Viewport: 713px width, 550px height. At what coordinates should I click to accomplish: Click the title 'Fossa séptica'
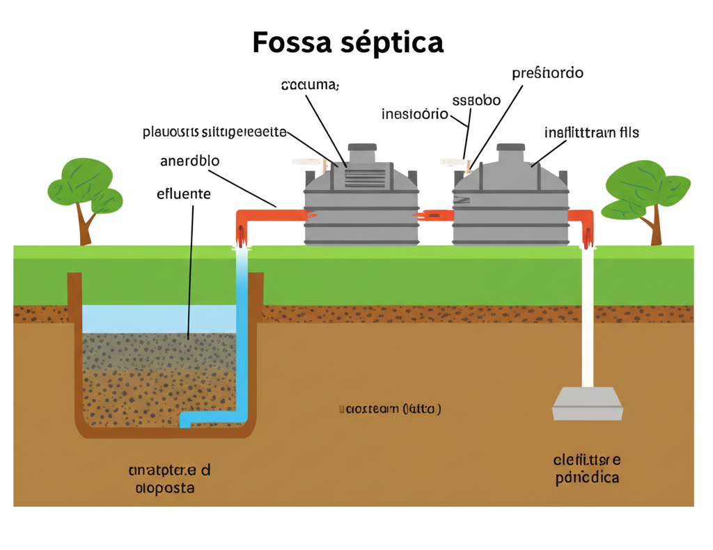pos(347,42)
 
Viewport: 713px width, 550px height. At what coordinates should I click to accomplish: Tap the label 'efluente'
pos(184,194)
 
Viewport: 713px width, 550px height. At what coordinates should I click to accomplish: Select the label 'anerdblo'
pos(189,161)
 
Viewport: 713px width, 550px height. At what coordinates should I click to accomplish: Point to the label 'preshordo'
pos(547,73)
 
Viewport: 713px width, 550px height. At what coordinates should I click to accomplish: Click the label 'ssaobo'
pos(476,100)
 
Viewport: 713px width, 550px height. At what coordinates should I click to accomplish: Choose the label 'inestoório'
pos(415,114)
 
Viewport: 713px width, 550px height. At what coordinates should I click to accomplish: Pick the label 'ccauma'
pos(310,86)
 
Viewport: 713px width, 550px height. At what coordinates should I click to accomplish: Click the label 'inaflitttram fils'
pos(591,132)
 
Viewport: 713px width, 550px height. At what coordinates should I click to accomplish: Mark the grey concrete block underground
pos(587,404)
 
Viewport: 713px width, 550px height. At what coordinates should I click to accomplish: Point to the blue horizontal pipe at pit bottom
pos(209,418)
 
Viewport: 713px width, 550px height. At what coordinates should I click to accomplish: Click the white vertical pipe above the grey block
pos(587,320)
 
